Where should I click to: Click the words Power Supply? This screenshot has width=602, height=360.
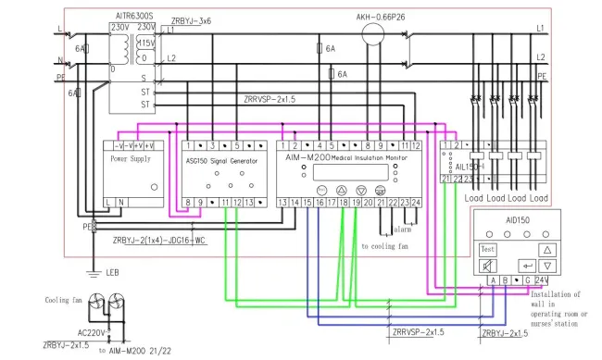pos(130,158)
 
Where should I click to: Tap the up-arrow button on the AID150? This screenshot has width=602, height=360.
pos(546,250)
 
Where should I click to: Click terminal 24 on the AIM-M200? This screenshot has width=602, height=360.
pos(416,202)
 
